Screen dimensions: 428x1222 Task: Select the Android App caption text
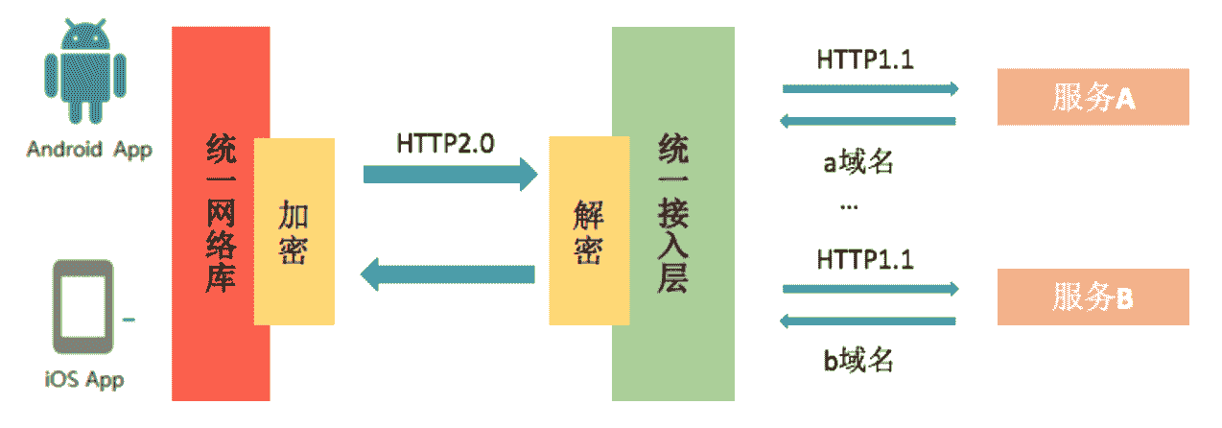89,150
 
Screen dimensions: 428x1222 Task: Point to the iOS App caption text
84,379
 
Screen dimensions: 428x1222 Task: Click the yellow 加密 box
295,231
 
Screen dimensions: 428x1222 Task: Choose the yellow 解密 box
589,231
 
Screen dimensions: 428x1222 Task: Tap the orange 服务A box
1093,97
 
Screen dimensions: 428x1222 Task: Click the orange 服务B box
1093,297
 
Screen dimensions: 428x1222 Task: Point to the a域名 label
858,162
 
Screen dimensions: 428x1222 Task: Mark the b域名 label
858,361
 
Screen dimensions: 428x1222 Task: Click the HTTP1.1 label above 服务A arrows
864,59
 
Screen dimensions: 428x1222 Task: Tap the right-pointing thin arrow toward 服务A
870,89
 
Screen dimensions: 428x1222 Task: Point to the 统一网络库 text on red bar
221,214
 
